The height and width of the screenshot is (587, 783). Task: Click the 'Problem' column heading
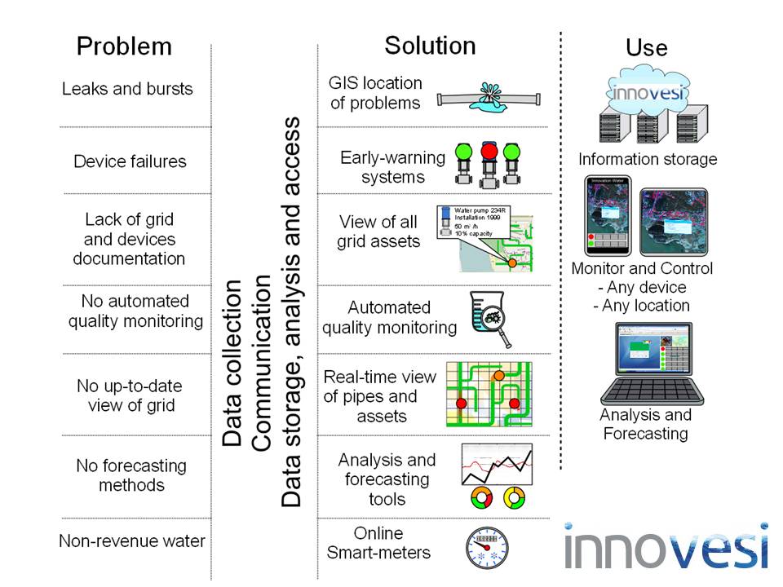pos(124,46)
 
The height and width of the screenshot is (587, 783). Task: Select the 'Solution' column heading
pos(430,45)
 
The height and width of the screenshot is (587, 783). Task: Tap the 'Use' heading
pos(646,47)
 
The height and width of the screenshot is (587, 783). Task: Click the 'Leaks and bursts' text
pos(127,89)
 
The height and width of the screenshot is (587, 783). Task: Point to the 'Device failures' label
pos(130,161)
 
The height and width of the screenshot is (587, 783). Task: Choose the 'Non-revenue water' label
pos(132,541)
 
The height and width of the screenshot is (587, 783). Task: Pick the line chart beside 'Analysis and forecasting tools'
pos(497,466)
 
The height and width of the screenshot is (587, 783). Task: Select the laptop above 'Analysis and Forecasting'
pos(645,364)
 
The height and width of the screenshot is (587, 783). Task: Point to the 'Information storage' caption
pos(647,159)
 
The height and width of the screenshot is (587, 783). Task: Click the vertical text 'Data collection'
pos(233,363)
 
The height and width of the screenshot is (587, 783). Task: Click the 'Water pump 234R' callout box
pos(469,221)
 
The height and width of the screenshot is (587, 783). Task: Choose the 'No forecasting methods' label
pos(131,475)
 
